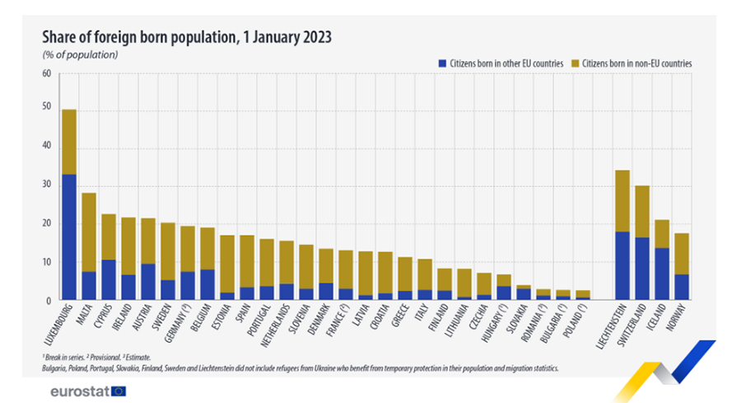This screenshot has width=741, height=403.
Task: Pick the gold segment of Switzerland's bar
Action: pos(643,211)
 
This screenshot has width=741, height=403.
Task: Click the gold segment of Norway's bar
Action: pos(683,254)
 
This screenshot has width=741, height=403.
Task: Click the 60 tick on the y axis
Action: pos(46,73)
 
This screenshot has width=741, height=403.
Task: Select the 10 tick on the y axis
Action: pos(46,262)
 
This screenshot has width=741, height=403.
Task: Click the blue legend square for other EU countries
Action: pos(441,63)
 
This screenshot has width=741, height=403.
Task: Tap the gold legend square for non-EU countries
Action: pos(576,63)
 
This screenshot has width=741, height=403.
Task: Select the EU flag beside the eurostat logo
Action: pos(119,390)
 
